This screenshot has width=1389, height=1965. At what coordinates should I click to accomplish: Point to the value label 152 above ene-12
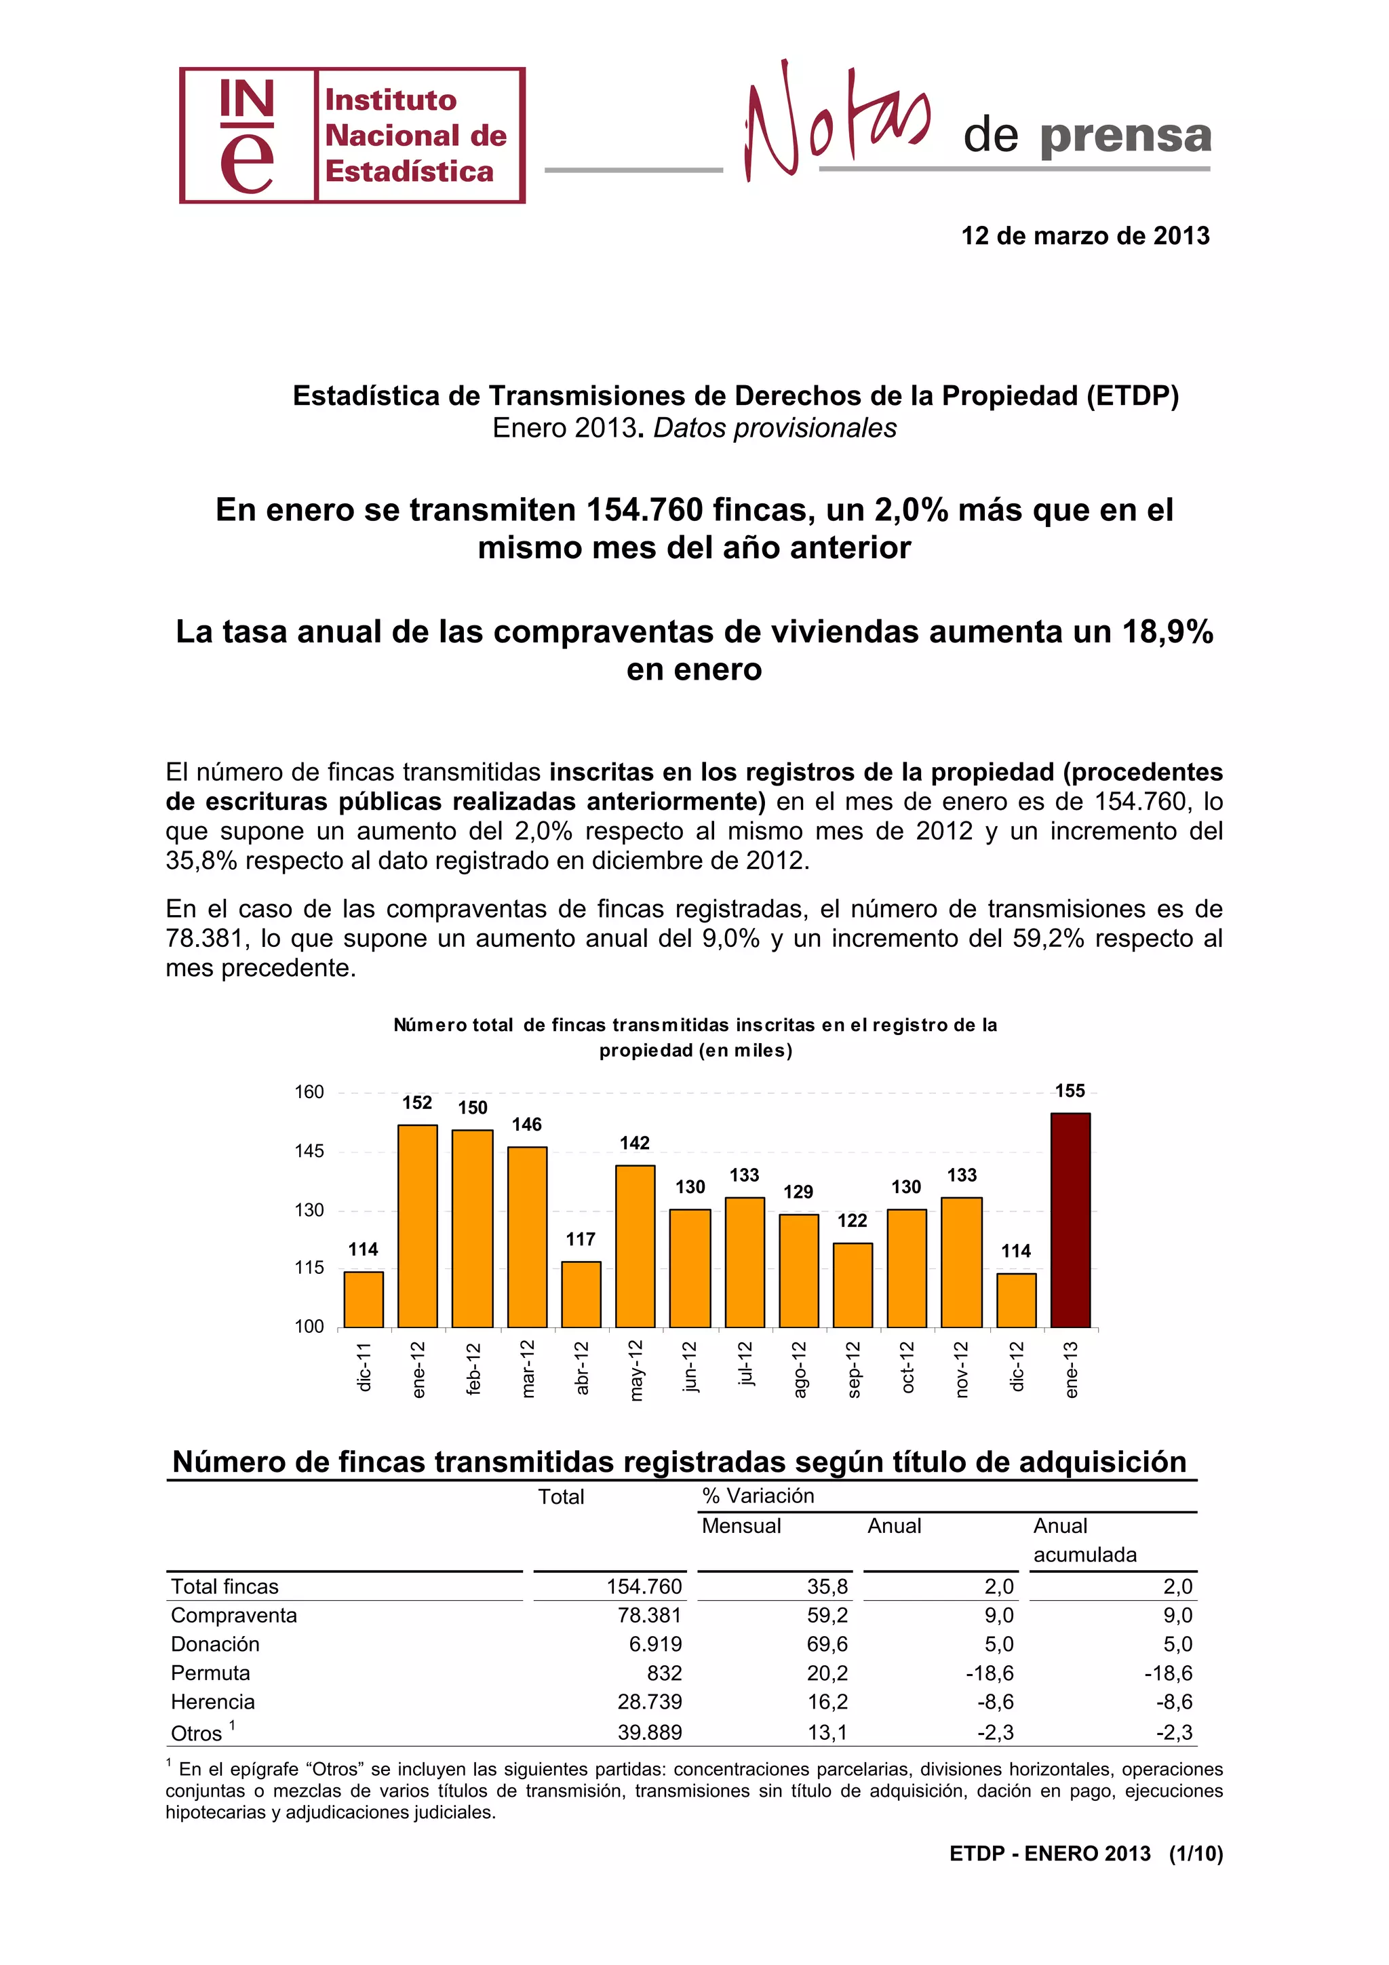(418, 1103)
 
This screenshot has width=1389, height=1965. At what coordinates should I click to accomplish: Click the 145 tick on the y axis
(309, 1151)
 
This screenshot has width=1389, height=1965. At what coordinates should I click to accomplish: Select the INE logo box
(352, 135)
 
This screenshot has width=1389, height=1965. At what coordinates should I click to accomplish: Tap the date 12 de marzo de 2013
(1084, 236)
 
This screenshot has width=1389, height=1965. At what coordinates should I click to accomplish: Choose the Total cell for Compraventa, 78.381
(650, 1615)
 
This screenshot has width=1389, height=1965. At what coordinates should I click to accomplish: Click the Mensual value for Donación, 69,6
(827, 1644)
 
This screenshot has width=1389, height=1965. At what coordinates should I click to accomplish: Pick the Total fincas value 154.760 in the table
(644, 1586)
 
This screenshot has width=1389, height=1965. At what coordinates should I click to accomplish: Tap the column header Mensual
(741, 1526)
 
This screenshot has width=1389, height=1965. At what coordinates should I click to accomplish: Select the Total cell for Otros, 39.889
(650, 1732)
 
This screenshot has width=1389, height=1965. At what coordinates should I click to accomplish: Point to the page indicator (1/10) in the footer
(1195, 1854)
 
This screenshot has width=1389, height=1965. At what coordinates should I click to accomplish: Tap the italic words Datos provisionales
(775, 428)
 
